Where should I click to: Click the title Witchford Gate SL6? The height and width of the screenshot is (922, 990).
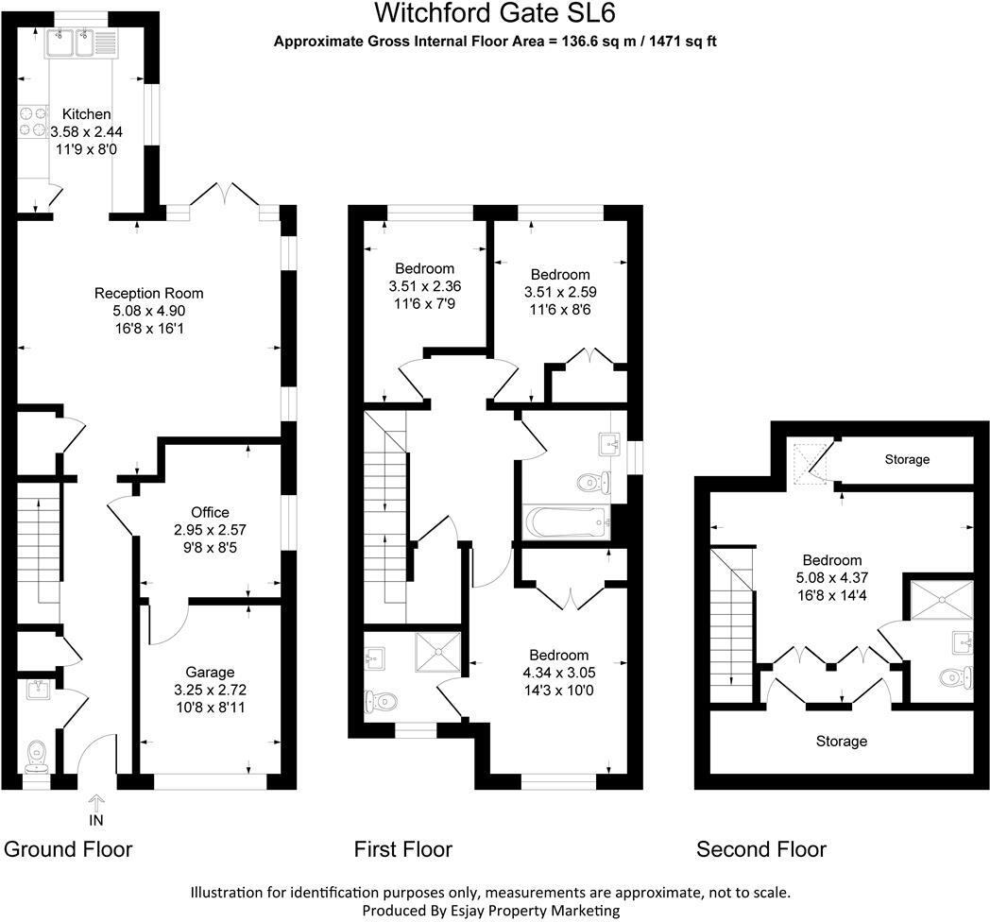[x=498, y=13]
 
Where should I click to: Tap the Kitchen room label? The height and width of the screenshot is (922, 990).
[x=87, y=114]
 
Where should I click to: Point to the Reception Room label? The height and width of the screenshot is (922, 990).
[x=149, y=293]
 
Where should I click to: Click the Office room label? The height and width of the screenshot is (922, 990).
[x=209, y=513]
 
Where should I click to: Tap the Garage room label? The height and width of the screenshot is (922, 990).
[x=209, y=673]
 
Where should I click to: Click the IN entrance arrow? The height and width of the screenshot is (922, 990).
[x=95, y=810]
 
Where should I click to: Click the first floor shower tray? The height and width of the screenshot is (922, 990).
[x=437, y=651]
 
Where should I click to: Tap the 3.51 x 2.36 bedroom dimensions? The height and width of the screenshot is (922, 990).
[x=424, y=285]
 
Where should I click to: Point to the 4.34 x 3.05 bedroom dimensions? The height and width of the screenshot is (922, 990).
[x=558, y=673]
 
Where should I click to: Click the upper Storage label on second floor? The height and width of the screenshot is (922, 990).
[x=907, y=460]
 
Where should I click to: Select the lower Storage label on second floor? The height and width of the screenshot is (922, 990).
[x=841, y=742]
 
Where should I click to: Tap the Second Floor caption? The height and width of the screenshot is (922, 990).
[x=760, y=849]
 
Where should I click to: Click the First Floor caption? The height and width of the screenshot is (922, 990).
[x=403, y=849]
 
